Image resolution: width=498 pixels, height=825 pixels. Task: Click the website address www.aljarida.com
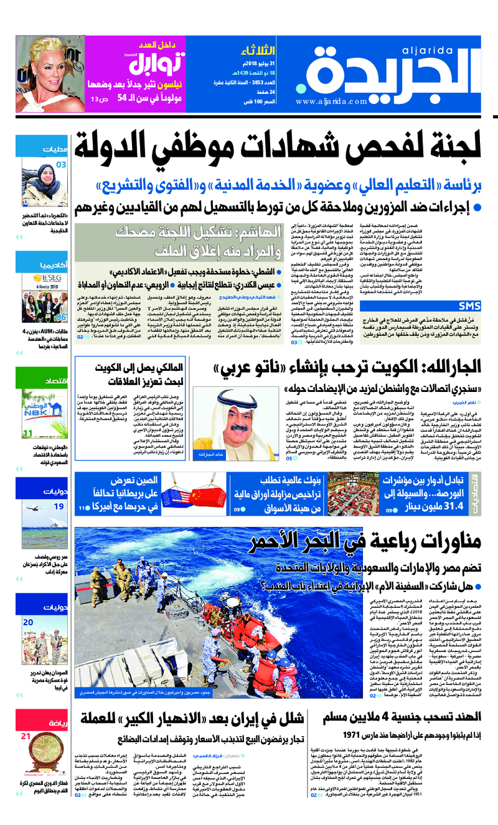[332, 101]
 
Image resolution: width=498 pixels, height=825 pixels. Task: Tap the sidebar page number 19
[59, 506]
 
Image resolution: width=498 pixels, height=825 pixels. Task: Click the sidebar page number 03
[61, 165]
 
